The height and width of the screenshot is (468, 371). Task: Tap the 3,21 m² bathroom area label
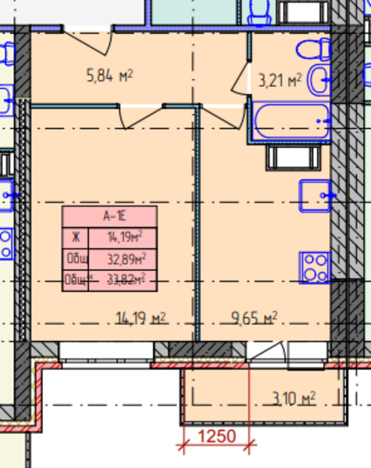(280, 82)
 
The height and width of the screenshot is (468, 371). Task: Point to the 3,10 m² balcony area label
(293, 399)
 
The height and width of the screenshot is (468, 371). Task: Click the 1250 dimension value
(217, 437)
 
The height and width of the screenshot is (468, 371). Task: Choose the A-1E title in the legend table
(110, 216)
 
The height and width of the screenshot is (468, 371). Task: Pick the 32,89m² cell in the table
(126, 259)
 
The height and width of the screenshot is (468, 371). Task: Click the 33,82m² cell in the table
(126, 280)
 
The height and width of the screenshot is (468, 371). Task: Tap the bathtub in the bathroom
(292, 121)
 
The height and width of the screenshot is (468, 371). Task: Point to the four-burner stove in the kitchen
(315, 267)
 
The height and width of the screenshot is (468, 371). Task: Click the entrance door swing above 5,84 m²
(88, 41)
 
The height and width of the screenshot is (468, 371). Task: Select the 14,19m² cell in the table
(126, 237)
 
